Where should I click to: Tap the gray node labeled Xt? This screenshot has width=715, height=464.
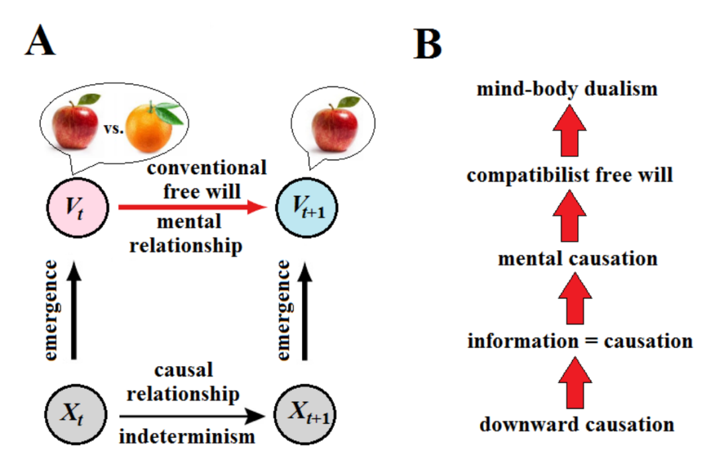point(75,416)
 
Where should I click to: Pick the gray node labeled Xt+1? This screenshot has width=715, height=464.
point(304,416)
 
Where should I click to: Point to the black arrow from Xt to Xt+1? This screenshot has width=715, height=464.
point(192,416)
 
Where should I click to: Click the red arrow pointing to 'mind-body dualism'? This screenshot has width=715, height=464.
point(569,132)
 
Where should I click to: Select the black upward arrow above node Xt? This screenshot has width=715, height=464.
point(75,311)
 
